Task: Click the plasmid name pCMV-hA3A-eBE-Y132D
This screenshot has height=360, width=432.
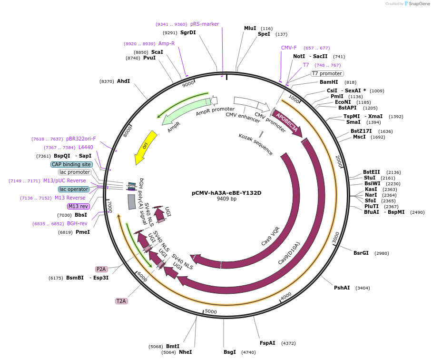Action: coord(226,193)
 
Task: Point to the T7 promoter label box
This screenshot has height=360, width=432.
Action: coord(327,73)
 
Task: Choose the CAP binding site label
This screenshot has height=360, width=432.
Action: coord(71,164)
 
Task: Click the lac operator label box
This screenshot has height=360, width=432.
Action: coord(74,189)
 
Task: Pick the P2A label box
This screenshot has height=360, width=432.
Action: coord(101,269)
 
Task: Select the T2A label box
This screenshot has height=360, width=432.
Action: coord(121,301)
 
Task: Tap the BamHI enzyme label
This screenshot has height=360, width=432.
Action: coord(329,82)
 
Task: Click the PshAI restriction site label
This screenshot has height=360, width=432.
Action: coord(342,288)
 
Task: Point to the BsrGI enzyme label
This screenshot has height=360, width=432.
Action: coord(361,253)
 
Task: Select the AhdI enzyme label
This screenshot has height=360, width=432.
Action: coord(123,81)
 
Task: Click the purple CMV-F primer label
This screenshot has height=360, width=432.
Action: coord(289,48)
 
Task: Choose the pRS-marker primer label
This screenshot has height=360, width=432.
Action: coord(205,24)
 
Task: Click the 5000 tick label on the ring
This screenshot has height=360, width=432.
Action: coord(211,311)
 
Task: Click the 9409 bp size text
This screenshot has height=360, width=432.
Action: coord(226,199)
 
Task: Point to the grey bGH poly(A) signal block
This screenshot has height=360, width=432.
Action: coord(132,202)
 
